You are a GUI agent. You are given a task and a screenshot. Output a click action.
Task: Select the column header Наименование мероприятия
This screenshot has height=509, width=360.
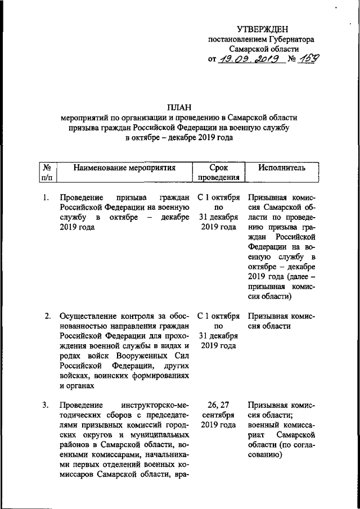tap(125, 168)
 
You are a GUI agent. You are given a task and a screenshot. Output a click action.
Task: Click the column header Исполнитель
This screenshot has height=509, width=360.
tap(282, 168)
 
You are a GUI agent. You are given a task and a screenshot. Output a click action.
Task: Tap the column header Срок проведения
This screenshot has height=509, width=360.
tap(219, 173)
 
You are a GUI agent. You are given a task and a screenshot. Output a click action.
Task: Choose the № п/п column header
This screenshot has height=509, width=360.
tap(47, 173)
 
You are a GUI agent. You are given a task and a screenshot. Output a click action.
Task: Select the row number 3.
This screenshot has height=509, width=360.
tap(47, 405)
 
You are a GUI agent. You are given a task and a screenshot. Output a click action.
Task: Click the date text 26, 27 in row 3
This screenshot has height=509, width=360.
tap(219, 405)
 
